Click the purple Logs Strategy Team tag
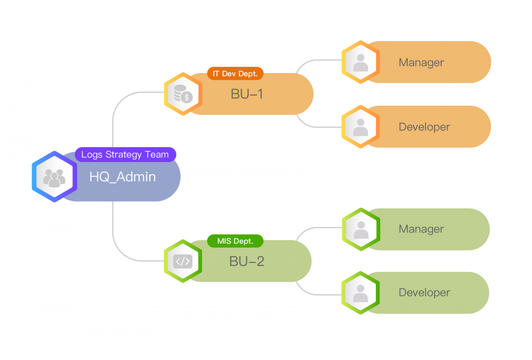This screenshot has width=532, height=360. pyautogui.click(x=125, y=154)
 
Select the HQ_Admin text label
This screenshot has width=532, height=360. pyautogui.click(x=123, y=177)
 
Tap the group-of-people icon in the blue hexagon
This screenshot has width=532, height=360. pyautogui.click(x=54, y=177)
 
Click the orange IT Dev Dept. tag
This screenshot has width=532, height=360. pyautogui.click(x=235, y=74)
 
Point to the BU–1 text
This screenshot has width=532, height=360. pyautogui.click(x=247, y=94)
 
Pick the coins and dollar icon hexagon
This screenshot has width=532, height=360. pyautogui.click(x=183, y=94)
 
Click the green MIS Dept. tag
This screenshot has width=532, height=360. pyautogui.click(x=235, y=241)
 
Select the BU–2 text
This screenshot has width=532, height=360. pyautogui.click(x=247, y=261)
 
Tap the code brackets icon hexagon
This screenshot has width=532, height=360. pyautogui.click(x=183, y=261)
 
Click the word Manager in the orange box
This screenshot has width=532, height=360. pyautogui.click(x=421, y=62)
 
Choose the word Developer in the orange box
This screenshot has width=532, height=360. pyautogui.click(x=424, y=127)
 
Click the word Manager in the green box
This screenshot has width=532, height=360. pyautogui.click(x=421, y=229)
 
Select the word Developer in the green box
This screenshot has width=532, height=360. pyautogui.click(x=424, y=292)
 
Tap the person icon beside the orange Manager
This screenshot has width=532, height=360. pyautogui.click(x=361, y=62)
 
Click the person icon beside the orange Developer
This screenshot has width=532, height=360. pyautogui.click(x=361, y=127)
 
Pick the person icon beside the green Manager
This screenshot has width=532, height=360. pyautogui.click(x=361, y=229)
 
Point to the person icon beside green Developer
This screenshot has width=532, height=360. pyautogui.click(x=361, y=293)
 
